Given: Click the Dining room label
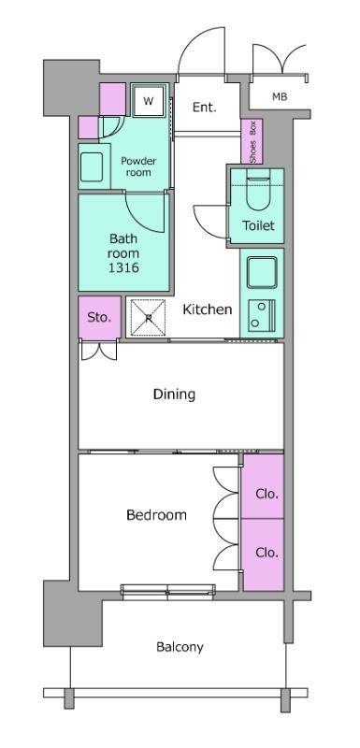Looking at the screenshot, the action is click(x=174, y=395).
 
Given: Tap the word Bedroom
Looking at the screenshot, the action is click(x=156, y=515).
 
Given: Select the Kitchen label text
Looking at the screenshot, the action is click(x=208, y=309).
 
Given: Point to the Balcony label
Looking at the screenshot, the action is click(x=180, y=647).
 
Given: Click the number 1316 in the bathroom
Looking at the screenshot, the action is click(x=123, y=267).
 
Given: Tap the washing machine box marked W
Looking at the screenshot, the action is click(x=149, y=101).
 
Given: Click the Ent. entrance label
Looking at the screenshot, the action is click(x=205, y=108).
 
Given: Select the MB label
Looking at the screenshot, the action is click(x=280, y=97).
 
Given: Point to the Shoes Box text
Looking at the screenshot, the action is click(x=252, y=142).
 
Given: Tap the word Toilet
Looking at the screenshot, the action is click(x=258, y=225).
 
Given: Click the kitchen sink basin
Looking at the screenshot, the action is click(x=262, y=272).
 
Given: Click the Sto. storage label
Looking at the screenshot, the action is click(x=99, y=317).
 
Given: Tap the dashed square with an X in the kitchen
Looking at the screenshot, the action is click(x=149, y=317).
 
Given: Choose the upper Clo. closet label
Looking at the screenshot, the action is click(x=266, y=495).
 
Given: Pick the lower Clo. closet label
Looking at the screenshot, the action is click(x=266, y=553).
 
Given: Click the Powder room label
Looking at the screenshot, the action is click(x=138, y=166).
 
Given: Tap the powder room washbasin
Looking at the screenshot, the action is click(x=92, y=167).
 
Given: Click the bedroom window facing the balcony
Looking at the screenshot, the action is click(x=167, y=592).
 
